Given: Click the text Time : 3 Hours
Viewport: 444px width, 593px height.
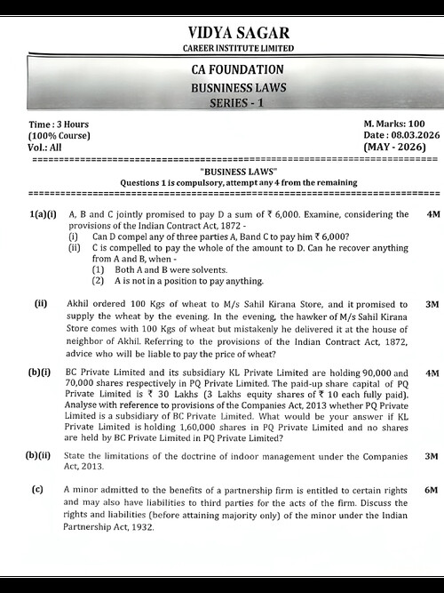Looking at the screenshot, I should pos(59,124).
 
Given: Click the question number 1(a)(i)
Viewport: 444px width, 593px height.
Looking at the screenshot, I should pos(43,215).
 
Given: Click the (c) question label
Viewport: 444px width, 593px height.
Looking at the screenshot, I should pos(37,491).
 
